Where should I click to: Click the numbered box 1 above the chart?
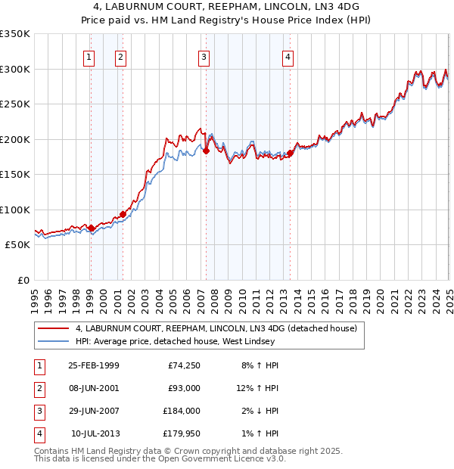coord(89,56)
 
